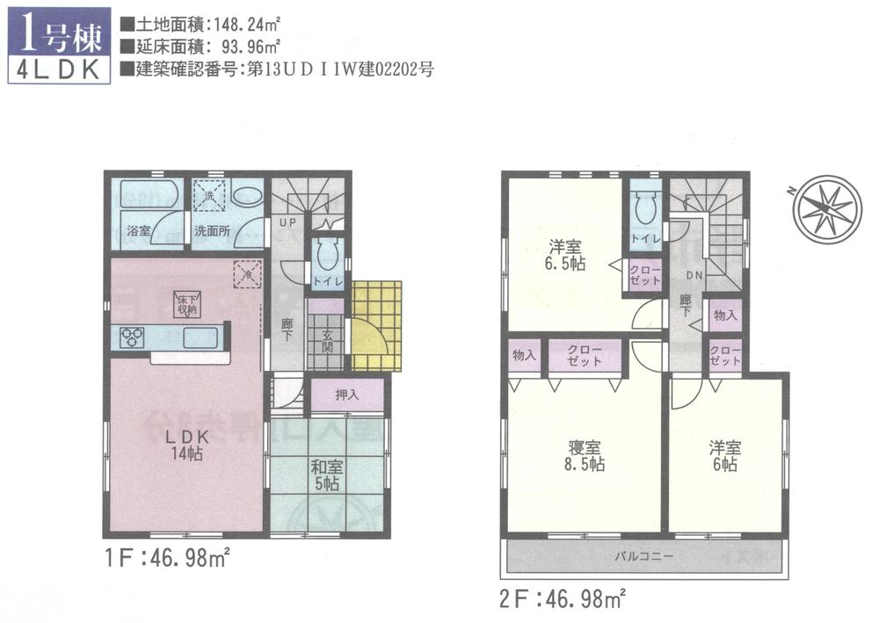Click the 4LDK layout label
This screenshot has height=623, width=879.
click(58, 71)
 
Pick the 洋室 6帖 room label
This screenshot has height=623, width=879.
click(725, 455)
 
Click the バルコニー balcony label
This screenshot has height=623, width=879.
click(644, 557)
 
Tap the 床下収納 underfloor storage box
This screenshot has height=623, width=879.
click(186, 304)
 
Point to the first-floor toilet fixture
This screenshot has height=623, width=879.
click(325, 255)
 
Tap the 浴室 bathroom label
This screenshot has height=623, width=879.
click(139, 232)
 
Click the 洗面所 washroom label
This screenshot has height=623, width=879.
click(212, 232)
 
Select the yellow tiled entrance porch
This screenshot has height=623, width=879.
click(376, 325)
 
